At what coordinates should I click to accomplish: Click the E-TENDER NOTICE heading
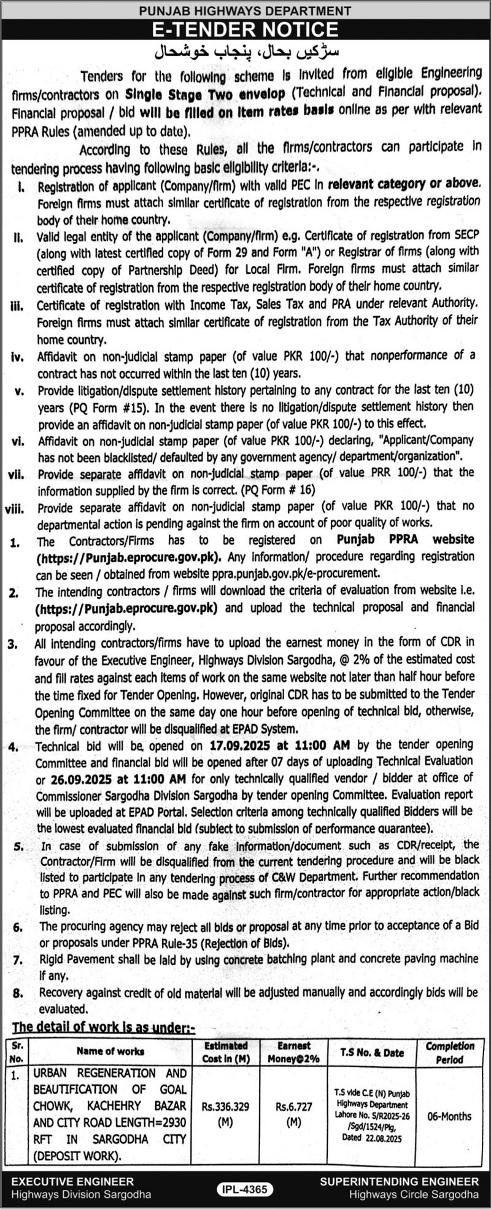[245, 29]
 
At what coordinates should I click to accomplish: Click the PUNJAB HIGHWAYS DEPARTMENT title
[245, 10]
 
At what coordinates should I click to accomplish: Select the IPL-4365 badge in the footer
[245, 1189]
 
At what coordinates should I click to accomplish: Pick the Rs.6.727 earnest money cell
[294, 1113]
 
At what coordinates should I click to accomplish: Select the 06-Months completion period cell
[450, 1116]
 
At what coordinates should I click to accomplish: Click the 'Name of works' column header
[110, 1051]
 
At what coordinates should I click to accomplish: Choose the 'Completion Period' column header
[450, 1052]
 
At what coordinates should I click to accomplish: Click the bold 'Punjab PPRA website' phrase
[406, 539]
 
